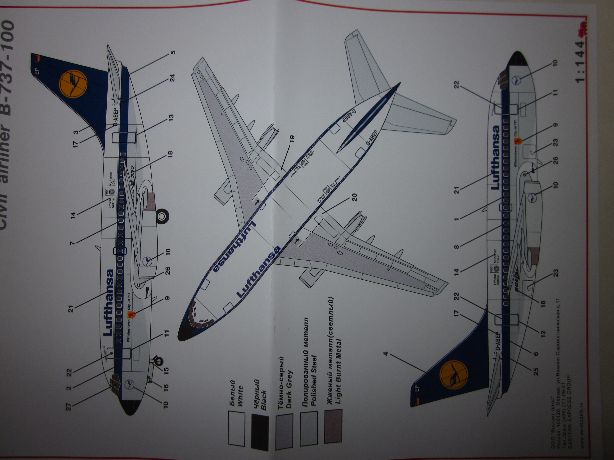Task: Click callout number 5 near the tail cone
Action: pyautogui.click(x=173, y=52)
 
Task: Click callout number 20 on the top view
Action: pyautogui.click(x=354, y=198)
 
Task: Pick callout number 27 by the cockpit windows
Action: pyautogui.click(x=68, y=407)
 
